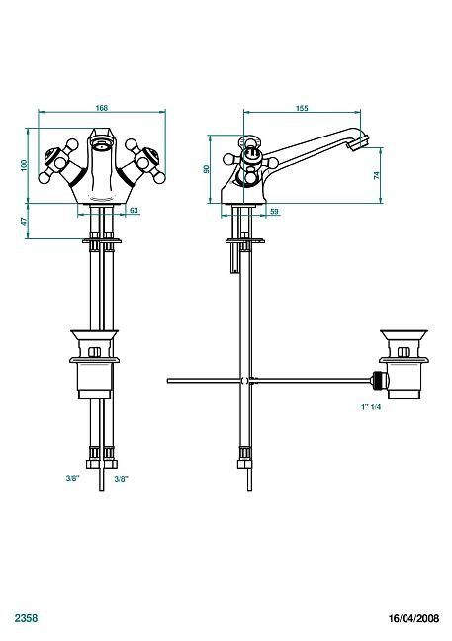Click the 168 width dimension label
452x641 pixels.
click(101, 108)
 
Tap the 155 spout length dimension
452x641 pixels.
click(302, 108)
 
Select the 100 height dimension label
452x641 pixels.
click(25, 165)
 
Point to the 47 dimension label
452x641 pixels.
click(24, 222)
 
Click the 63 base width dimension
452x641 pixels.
click(134, 211)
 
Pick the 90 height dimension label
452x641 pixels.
click(207, 169)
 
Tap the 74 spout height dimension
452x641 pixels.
click(377, 175)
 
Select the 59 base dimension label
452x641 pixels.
click(275, 212)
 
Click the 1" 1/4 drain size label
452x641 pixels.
click(371, 407)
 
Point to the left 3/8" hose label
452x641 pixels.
click(72, 479)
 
